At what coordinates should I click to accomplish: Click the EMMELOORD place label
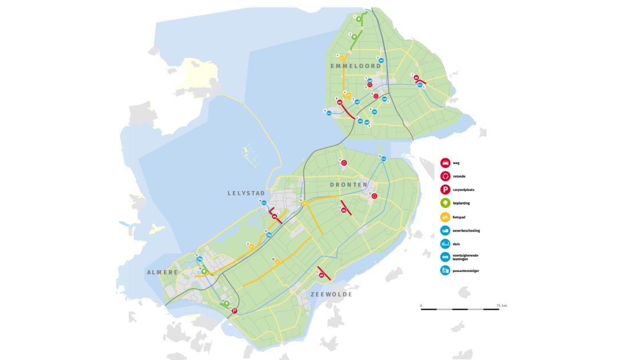click(x=355, y=66)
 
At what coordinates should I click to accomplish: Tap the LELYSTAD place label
click(x=246, y=194)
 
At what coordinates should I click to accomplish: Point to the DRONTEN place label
click(x=349, y=185)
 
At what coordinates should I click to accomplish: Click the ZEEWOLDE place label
click(x=331, y=294)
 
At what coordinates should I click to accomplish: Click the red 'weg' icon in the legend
click(x=445, y=163)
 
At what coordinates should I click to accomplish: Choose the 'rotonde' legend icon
click(x=445, y=176)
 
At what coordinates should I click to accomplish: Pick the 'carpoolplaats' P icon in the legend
click(x=445, y=190)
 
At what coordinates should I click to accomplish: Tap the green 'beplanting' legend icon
click(x=445, y=203)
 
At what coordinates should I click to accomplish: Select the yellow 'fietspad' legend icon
click(x=445, y=217)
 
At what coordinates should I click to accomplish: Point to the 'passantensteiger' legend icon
click(x=445, y=270)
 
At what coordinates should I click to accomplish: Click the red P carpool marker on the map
click(x=234, y=311)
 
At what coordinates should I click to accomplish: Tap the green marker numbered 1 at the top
click(x=359, y=19)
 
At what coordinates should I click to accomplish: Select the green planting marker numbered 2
click(x=354, y=37)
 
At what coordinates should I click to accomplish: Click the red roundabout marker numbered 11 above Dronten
click(x=344, y=163)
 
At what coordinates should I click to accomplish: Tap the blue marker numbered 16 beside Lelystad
click(x=264, y=202)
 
